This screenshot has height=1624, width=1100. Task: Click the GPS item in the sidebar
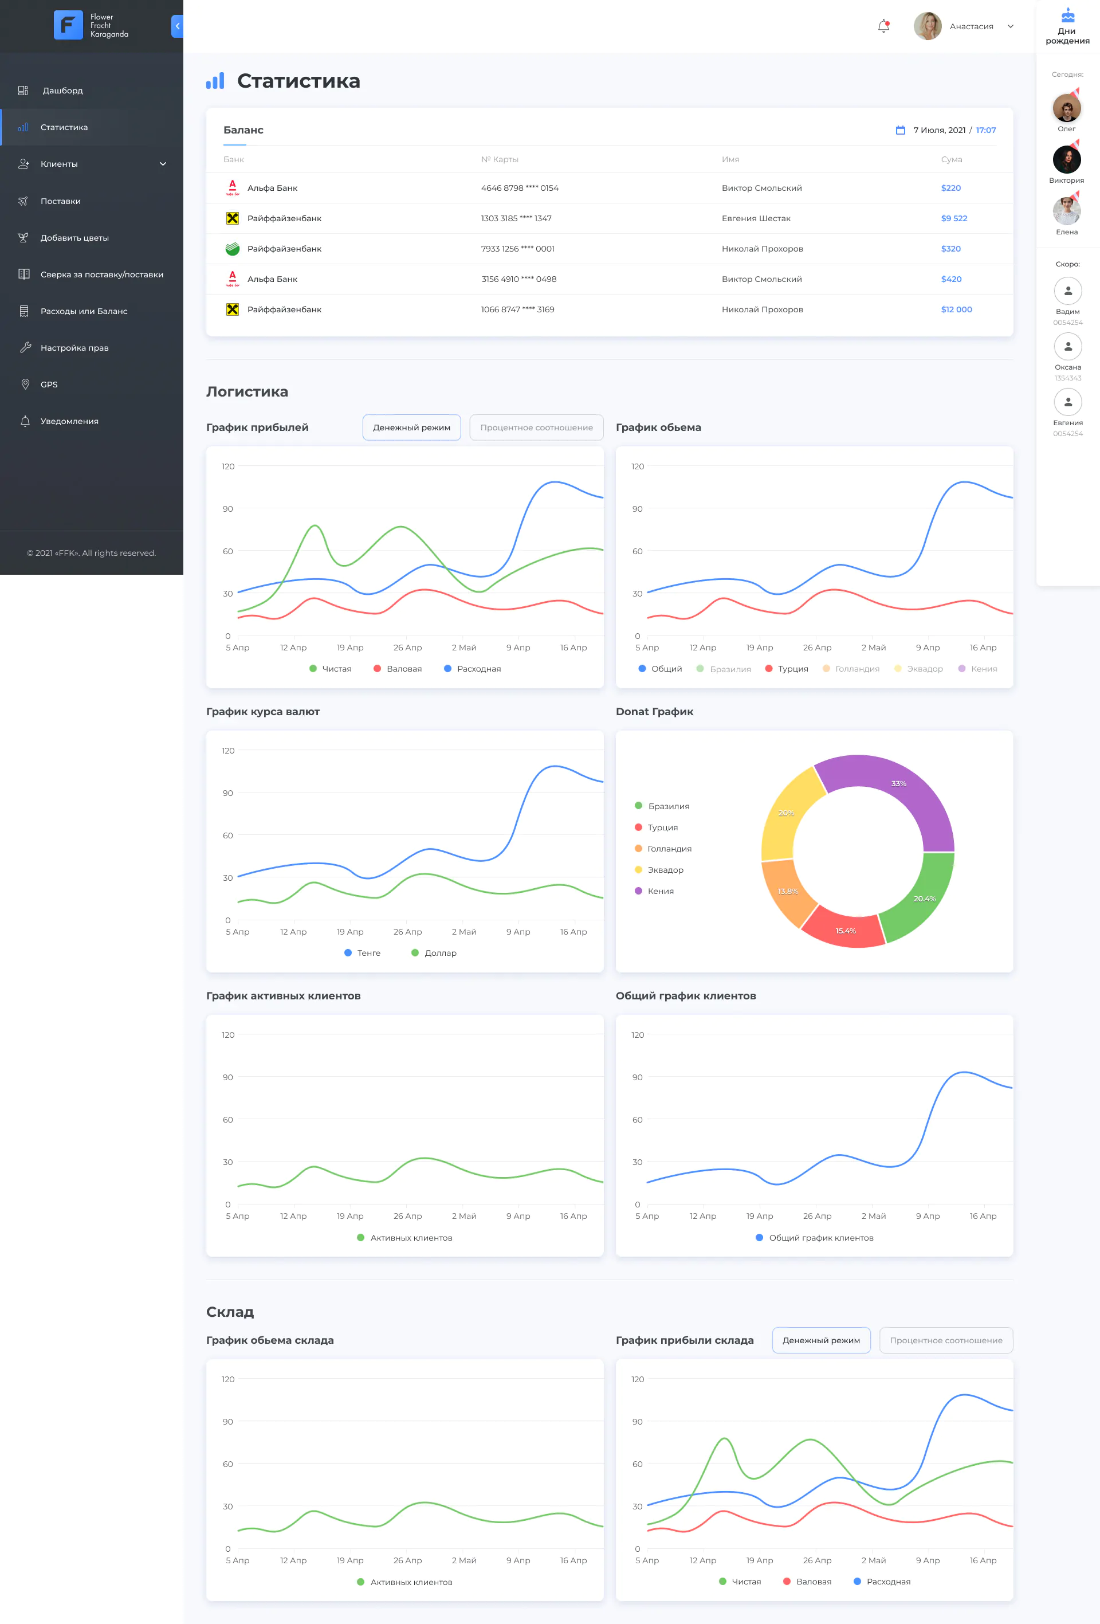click(49, 385)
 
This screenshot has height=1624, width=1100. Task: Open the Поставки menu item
click(60, 201)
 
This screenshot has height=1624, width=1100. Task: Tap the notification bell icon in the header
click(884, 26)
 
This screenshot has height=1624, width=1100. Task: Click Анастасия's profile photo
click(928, 26)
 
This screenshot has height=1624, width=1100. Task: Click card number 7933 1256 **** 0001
click(518, 249)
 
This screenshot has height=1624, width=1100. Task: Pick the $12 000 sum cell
click(956, 309)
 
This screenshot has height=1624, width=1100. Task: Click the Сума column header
click(951, 159)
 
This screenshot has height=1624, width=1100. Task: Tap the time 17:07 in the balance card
click(985, 130)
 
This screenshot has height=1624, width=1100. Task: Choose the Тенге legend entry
click(363, 953)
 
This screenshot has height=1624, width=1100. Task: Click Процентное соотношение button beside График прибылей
click(536, 427)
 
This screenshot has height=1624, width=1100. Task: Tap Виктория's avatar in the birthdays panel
click(1066, 159)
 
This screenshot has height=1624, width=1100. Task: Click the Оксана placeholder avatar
click(1068, 347)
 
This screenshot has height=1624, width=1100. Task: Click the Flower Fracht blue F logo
click(69, 25)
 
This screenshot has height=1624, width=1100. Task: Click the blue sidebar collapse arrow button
click(178, 26)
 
